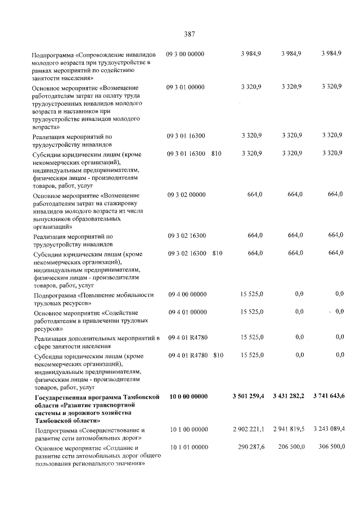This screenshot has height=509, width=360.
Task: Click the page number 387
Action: [x=189, y=34]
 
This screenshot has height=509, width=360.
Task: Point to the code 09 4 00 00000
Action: [x=188, y=294]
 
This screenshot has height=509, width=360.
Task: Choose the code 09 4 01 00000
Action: [x=188, y=312]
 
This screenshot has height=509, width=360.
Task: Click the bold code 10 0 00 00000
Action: [x=188, y=397]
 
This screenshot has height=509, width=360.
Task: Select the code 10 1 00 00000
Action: [x=189, y=430]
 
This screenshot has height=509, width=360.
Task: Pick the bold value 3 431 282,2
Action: [x=288, y=397]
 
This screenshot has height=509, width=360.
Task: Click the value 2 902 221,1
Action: [x=249, y=430]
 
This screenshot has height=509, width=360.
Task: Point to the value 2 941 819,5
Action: [x=289, y=430]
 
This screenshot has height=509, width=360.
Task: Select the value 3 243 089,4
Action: [x=329, y=430]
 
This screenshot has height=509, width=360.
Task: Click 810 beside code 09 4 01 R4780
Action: [x=219, y=355]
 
